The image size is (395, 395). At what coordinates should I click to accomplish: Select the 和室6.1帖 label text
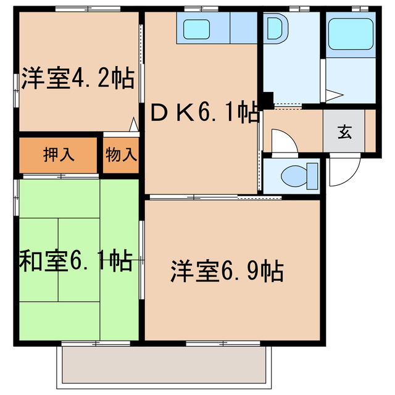tap(75, 262)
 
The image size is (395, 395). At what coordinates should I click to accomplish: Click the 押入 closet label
tap(59, 154)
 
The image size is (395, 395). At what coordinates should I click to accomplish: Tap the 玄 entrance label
tap(344, 131)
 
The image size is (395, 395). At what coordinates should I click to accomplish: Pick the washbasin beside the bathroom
tap(274, 30)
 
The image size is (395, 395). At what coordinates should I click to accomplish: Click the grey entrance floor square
tap(344, 131)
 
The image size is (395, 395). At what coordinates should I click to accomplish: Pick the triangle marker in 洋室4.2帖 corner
tap(133, 125)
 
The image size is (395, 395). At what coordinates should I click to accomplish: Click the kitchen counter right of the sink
tap(243, 28)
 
